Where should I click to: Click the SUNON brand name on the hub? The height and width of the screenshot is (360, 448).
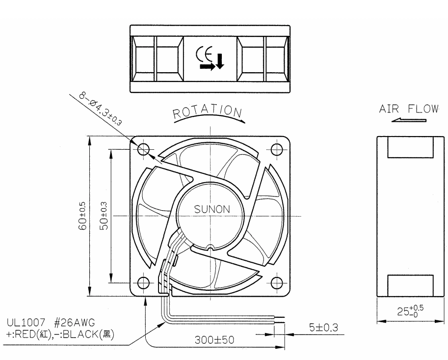tap(211, 209)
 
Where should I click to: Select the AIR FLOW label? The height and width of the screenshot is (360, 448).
tap(409, 109)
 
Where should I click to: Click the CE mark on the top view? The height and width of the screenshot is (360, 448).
tap(204, 55)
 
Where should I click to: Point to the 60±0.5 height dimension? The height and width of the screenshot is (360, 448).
tap(82, 216)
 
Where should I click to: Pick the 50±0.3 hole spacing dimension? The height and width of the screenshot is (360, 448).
tap(104, 216)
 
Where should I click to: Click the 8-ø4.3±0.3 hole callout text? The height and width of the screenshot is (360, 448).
tap(100, 109)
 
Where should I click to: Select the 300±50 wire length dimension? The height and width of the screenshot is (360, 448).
tap(214, 340)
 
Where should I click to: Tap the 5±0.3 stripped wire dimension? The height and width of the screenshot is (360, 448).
tap(323, 327)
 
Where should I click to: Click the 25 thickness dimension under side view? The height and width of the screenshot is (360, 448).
tap(410, 311)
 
